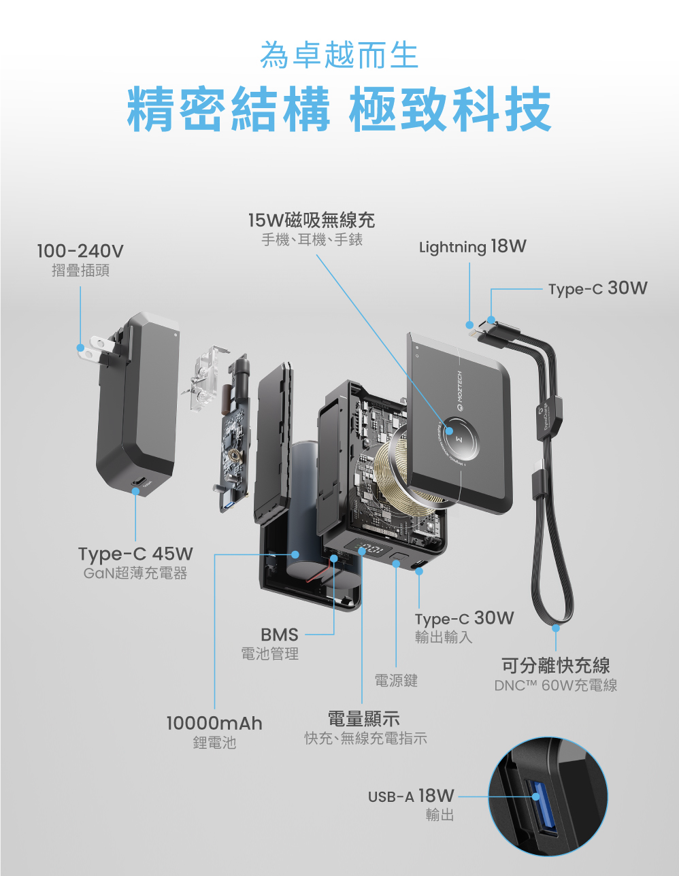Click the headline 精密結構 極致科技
[x=339, y=109]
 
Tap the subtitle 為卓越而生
[x=339, y=56]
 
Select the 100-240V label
[x=80, y=252]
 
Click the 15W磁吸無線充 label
[x=312, y=220]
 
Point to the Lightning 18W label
[x=472, y=246]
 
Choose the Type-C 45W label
[x=135, y=554]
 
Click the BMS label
[x=280, y=635]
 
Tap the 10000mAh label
[x=214, y=723]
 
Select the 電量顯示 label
[x=364, y=718]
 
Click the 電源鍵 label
[x=396, y=680]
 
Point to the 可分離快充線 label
[x=555, y=665]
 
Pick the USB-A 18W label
[x=411, y=796]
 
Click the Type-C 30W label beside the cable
[x=598, y=288]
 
